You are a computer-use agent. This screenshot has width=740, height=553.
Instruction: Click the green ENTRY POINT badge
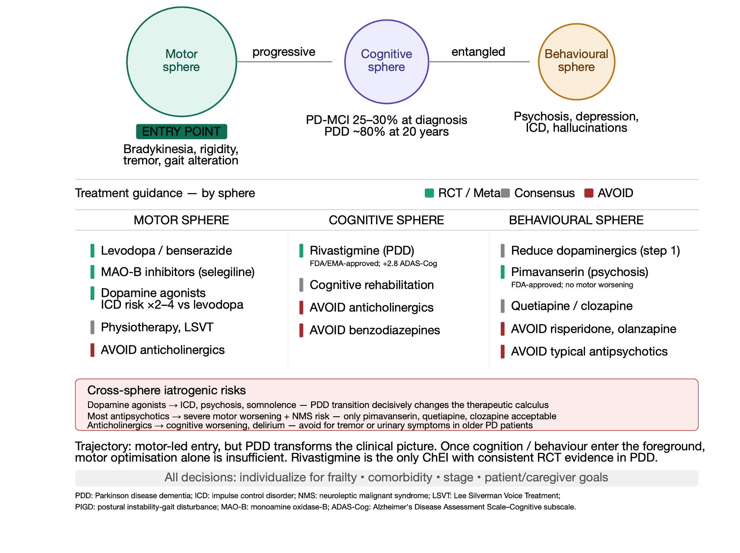pos(181,132)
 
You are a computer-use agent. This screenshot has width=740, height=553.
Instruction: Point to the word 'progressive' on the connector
pos(284,52)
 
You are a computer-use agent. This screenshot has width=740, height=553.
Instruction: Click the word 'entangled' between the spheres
pos(478,52)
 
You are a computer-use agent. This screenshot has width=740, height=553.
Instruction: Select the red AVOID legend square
pos(588,193)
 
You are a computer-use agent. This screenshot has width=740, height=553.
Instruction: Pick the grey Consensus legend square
pos(506,193)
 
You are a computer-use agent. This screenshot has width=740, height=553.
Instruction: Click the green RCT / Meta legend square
pos(429,193)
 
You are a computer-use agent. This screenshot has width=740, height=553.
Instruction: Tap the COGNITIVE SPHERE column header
pos(386,220)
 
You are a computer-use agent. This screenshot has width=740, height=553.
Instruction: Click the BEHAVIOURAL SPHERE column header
pos(576,220)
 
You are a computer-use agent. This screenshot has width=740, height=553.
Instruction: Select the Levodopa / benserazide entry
pos(166,251)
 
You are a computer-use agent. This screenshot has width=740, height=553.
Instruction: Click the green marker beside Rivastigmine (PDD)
pos(301,251)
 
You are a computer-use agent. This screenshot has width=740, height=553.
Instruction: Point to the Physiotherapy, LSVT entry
pos(157,327)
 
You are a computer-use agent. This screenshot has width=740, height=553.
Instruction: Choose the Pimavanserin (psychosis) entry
pos(580,272)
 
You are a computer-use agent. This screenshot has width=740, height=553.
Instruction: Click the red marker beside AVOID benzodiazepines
pos(301,330)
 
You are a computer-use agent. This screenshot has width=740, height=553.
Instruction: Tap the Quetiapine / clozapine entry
pos(572,306)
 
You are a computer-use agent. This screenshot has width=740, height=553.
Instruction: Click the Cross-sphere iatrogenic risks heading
pos(167,390)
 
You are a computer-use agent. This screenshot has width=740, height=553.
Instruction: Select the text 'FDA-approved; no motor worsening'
pos(572,285)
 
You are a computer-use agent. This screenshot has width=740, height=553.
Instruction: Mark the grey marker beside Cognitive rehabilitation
pos(301,285)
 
